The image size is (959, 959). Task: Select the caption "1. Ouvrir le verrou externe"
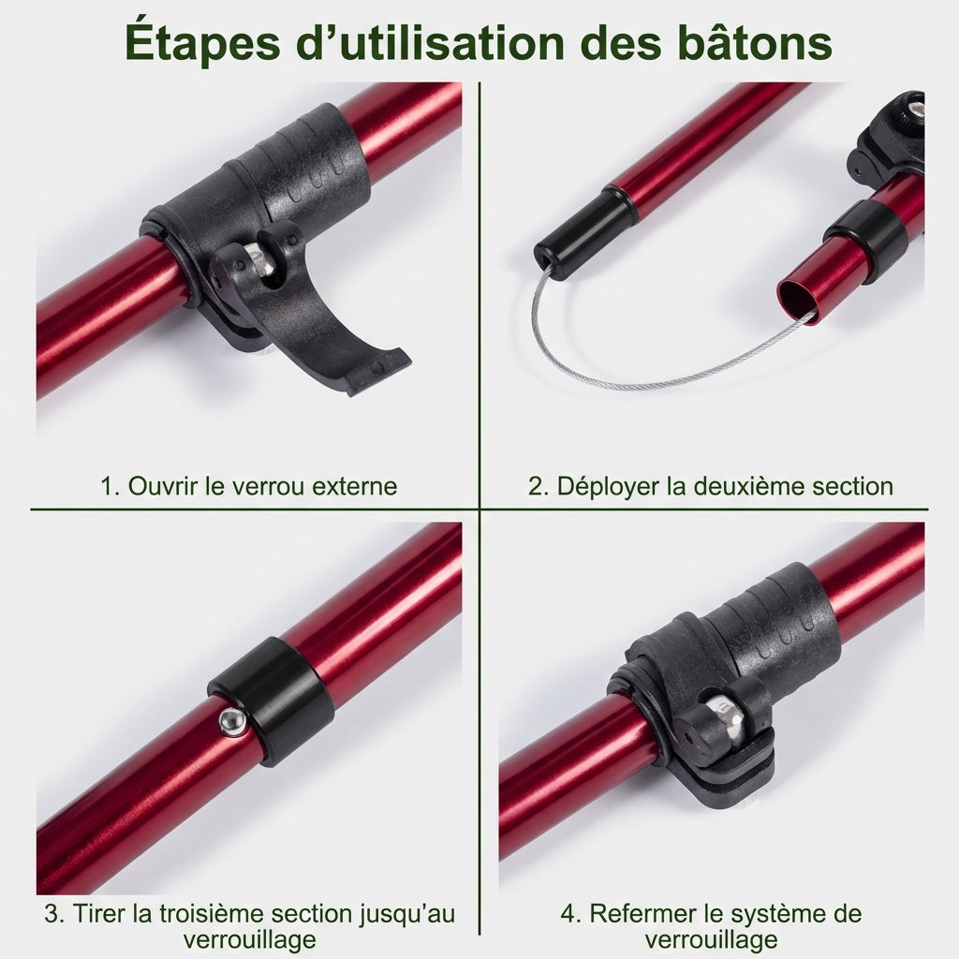click(249, 486)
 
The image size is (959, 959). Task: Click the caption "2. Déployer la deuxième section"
click(711, 486)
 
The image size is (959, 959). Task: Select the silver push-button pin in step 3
click(230, 720)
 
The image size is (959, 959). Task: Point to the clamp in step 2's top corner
click(890, 140)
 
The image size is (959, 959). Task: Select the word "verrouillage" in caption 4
click(711, 939)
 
